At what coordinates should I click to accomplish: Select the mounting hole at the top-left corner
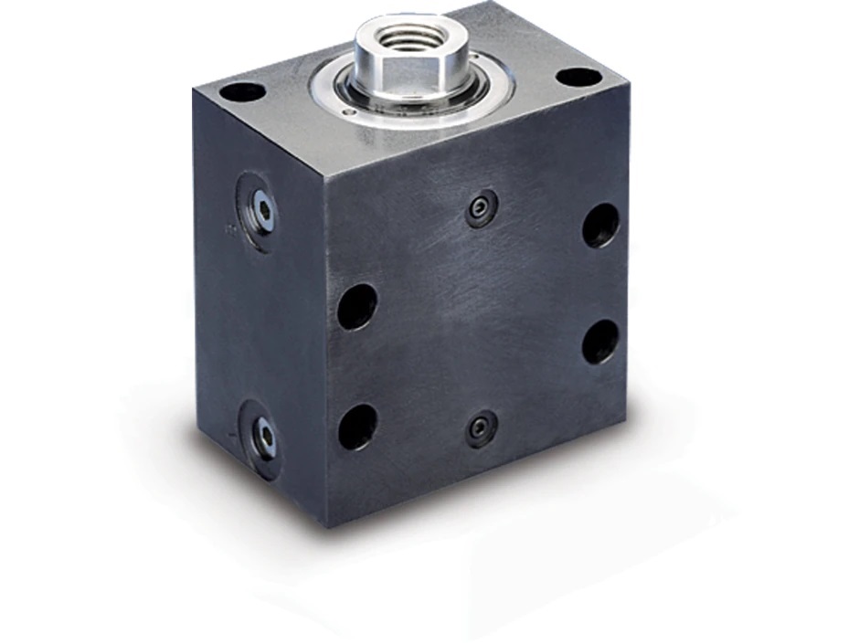click(242, 92)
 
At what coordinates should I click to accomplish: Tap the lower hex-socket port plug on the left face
click(263, 436)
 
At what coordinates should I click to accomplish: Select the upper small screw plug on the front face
click(482, 208)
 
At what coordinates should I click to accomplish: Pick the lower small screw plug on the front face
click(482, 428)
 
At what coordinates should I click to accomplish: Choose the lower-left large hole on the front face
click(357, 427)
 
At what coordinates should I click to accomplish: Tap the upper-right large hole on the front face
click(600, 225)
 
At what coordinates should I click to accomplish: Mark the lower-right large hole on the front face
click(599, 341)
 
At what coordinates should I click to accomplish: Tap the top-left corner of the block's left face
click(195, 90)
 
